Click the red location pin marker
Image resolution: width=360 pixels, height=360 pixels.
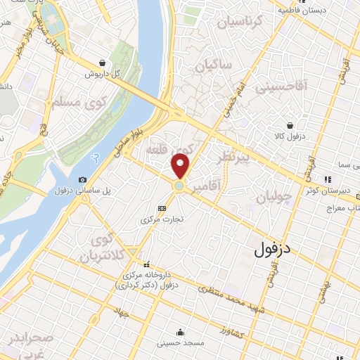click(181, 165)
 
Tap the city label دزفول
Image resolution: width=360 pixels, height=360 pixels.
click(271, 248)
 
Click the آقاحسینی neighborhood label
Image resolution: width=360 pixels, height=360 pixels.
click(282, 87)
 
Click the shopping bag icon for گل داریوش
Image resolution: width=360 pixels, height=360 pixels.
click(103, 63)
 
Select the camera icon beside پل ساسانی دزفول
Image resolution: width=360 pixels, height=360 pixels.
click(84, 180)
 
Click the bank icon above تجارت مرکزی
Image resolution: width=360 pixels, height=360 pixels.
click(162, 208)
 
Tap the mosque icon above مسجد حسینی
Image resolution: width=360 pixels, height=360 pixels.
click(181, 333)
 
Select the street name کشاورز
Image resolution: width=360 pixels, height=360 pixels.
click(231, 328)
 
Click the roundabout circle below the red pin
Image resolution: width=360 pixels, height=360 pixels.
click(180, 186)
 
